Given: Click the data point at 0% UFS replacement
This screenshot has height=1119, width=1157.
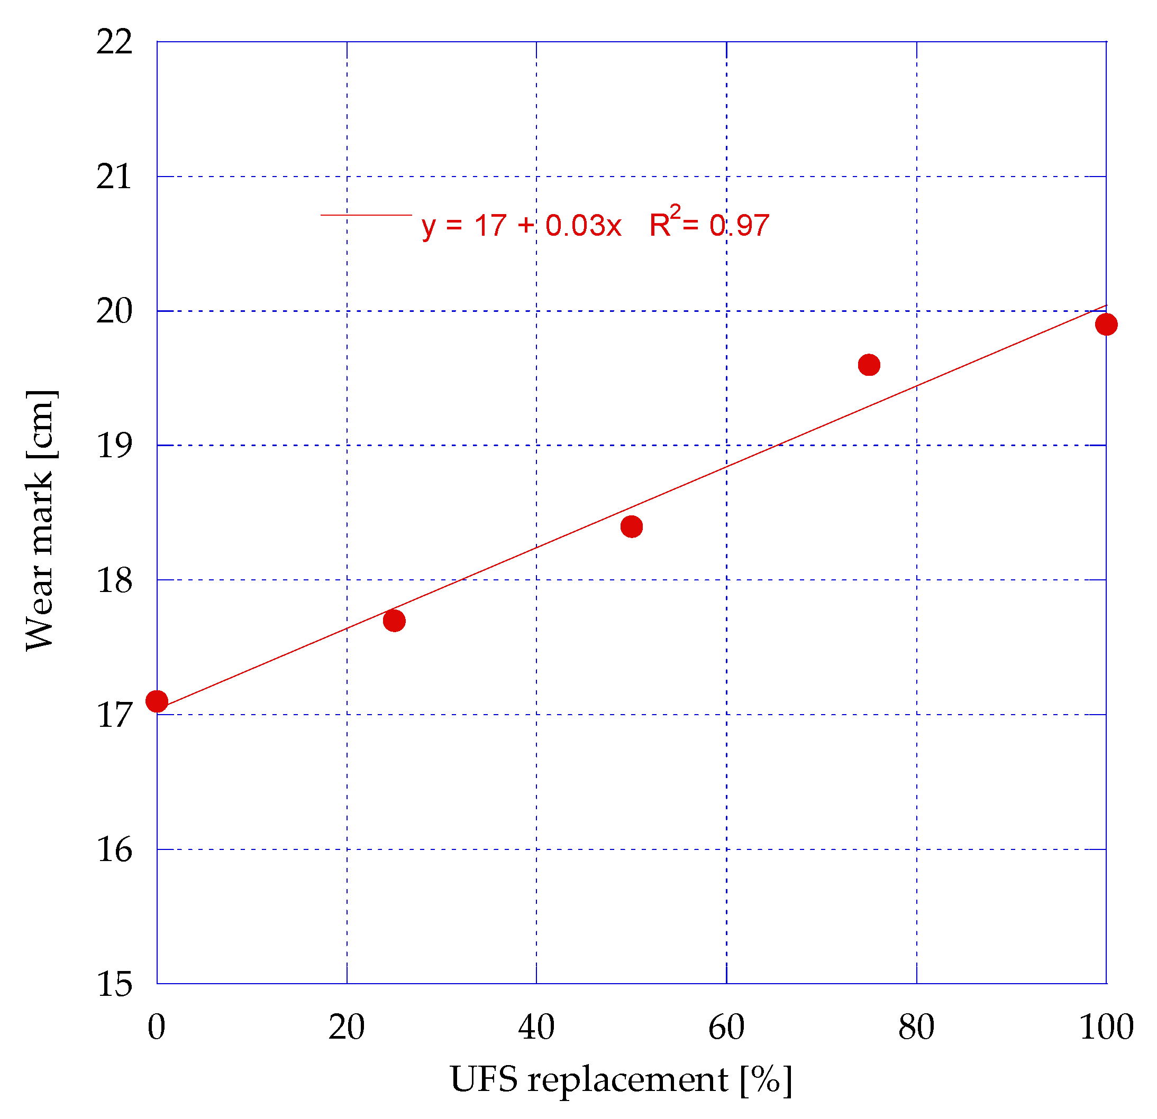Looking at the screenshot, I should point(157,701).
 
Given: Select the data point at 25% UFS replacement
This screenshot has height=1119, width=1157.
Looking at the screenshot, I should point(394,621).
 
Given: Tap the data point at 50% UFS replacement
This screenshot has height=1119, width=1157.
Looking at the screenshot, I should point(632,527).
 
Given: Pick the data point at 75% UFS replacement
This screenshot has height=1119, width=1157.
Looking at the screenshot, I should point(869,365).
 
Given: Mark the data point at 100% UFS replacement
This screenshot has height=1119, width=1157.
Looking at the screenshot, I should point(1106,325).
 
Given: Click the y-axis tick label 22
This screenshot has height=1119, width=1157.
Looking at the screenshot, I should point(114,42).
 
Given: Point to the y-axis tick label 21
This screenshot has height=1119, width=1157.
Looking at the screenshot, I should point(114,177).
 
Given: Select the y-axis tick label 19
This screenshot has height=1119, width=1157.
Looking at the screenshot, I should point(114,446).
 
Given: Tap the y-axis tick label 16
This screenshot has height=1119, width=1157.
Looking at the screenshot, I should point(114,850).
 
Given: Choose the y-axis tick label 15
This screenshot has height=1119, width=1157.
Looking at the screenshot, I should point(114,985).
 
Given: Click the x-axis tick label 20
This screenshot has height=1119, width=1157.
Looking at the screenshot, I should point(347,1028).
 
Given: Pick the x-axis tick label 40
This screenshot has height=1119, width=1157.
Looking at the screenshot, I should point(536,1028).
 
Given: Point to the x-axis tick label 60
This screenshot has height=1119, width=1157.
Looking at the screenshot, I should point(726,1028).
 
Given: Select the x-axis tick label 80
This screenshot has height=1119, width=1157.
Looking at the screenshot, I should point(916,1028).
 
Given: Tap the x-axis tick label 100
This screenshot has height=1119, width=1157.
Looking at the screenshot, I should point(1106,1028).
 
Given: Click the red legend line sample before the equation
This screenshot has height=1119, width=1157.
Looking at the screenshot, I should point(366,215).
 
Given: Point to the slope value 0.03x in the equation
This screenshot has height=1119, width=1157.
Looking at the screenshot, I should point(583,226).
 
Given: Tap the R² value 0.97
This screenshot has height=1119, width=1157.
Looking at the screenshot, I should point(739,226).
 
